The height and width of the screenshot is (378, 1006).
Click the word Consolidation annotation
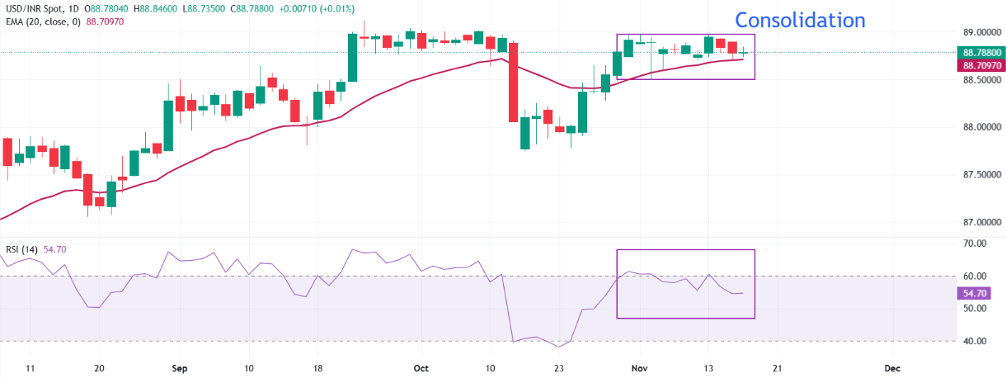click(x=800, y=21)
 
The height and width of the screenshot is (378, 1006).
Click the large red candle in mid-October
click(x=513, y=82)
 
